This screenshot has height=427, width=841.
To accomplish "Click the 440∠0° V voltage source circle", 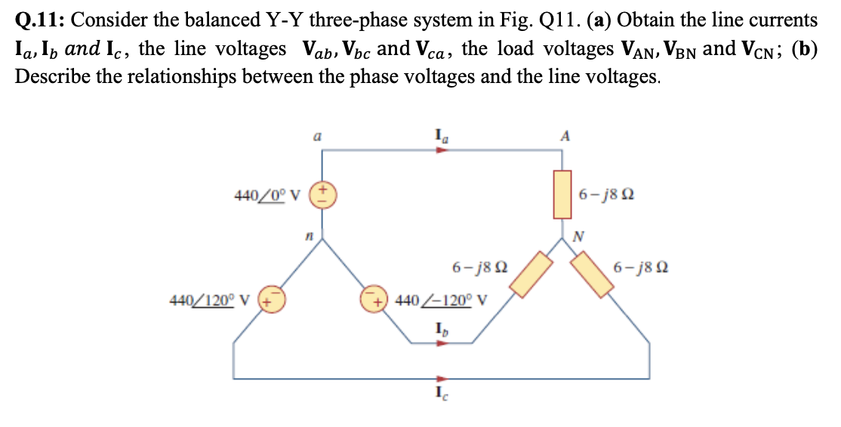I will pos(324,195).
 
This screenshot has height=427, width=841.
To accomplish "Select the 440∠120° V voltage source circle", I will pos(269,300).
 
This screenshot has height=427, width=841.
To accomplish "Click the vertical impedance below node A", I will pos(562,194).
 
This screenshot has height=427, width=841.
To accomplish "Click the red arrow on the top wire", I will pos(442,149).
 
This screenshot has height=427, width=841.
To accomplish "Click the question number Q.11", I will pos(38,20).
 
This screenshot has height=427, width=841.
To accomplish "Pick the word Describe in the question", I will pos(46,76).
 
